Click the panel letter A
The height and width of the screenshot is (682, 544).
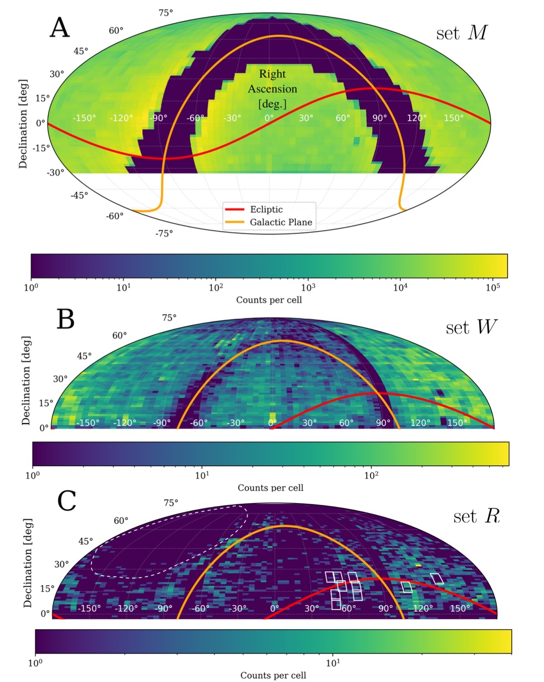(x=60, y=28)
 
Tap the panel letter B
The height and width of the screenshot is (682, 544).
(x=66, y=320)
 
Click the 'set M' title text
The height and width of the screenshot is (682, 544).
(x=461, y=33)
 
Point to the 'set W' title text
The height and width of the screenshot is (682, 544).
(x=471, y=328)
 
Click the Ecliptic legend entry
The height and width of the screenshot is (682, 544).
(x=266, y=209)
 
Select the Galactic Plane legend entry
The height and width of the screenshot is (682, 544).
(x=281, y=222)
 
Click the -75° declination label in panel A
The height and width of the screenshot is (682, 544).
(x=164, y=233)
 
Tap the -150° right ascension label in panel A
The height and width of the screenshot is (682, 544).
(x=84, y=118)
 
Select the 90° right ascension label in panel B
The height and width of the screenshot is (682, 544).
(x=383, y=423)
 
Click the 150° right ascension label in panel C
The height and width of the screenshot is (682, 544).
(x=460, y=608)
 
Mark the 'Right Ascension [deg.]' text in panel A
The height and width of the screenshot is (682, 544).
(x=272, y=89)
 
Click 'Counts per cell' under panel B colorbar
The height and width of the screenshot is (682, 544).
(x=270, y=488)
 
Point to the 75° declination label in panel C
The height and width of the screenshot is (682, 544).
(x=171, y=503)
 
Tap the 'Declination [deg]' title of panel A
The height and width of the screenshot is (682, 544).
(x=23, y=123)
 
